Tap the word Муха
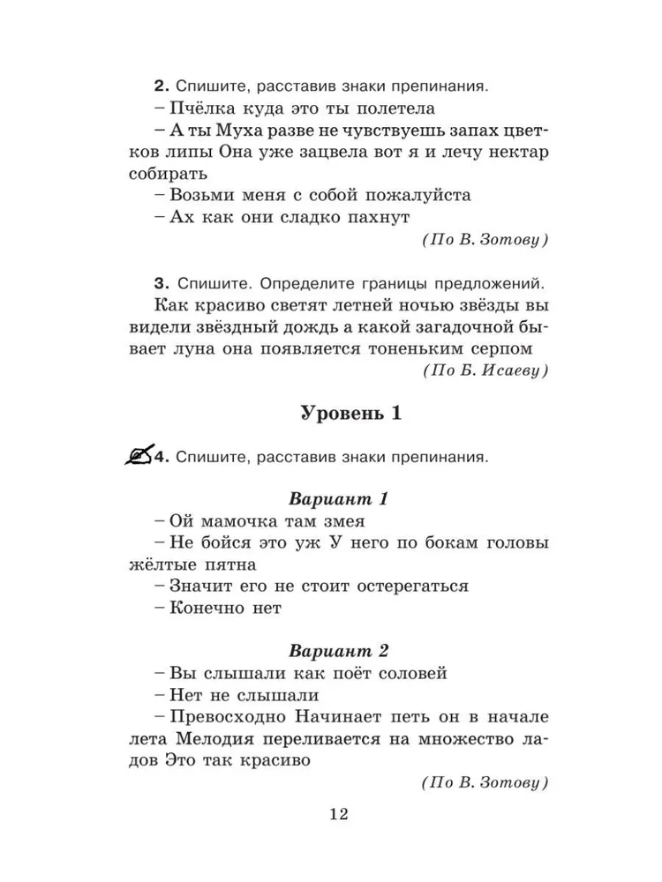tap(240, 131)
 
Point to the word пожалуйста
tap(398, 195)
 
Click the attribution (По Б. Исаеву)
tap(485, 371)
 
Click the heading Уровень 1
tap(351, 415)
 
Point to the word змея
tap(338, 520)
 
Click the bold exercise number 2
tap(160, 87)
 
